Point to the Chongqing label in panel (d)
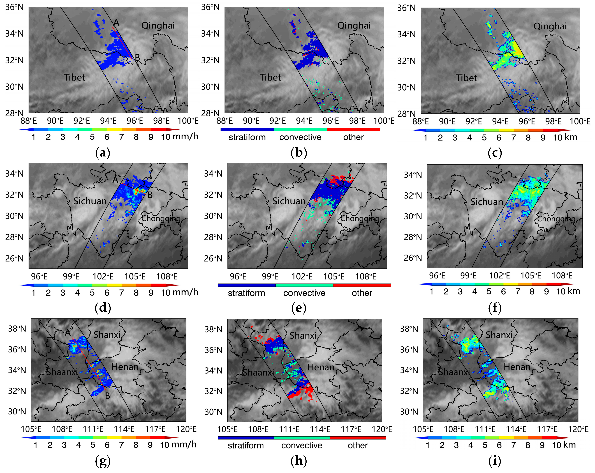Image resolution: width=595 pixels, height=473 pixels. coord(161,218)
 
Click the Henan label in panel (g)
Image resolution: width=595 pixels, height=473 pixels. coord(125,367)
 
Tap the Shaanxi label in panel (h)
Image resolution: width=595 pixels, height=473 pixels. coord(258,373)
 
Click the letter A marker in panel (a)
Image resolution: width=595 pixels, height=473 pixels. coord(116,22)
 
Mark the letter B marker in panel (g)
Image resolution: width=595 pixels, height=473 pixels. coord(107,396)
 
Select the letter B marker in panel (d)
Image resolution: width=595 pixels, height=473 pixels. coord(150,195)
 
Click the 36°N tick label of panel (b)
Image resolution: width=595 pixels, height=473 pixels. coord(210,7)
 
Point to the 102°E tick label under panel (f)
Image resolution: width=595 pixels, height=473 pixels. coord(499,276)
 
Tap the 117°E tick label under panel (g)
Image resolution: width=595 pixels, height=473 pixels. coord(155,429)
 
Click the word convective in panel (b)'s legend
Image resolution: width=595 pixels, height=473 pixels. coord(300,137)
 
